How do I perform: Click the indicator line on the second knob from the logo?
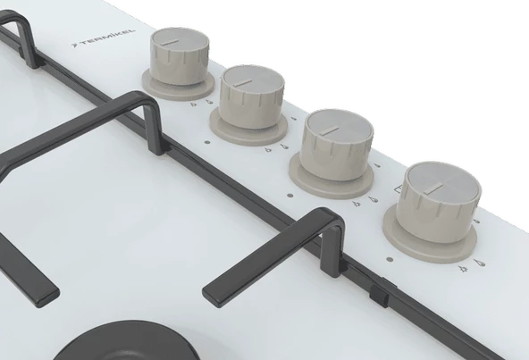[241, 83]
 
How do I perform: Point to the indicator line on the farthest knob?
[433, 188]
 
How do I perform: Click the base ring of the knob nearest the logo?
[178, 84]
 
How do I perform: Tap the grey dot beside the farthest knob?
[390, 260]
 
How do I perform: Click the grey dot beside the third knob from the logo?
[290, 196]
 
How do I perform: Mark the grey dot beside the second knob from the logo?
[207, 142]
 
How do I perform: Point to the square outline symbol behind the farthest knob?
[399, 190]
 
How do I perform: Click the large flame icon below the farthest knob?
[479, 263]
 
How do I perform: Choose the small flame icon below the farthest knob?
[463, 269]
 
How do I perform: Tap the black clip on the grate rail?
[379, 293]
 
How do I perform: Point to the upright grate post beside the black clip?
[332, 248]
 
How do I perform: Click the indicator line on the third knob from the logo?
[330, 131]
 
